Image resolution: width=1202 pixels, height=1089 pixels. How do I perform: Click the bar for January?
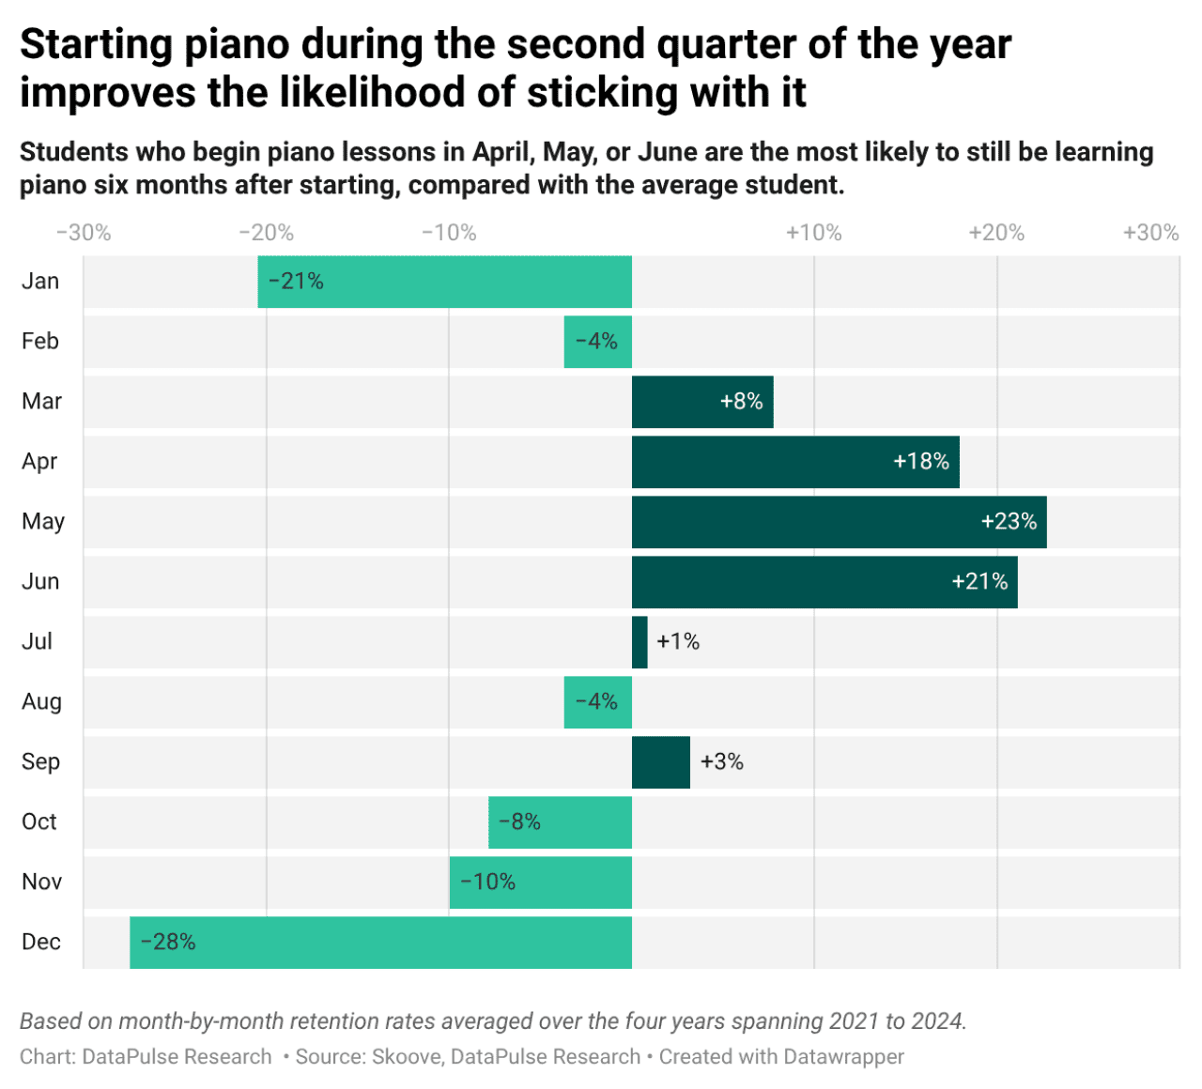click(x=444, y=282)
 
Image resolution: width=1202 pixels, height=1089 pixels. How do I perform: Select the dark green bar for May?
click(x=839, y=522)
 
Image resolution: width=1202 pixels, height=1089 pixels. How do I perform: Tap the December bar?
click(x=380, y=943)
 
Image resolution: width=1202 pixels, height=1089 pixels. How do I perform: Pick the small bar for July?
click(x=640, y=642)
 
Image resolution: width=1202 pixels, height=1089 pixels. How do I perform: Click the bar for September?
click(x=660, y=762)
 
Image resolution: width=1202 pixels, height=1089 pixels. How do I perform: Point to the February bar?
click(x=597, y=342)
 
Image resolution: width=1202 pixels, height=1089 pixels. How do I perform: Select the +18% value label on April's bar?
click(x=920, y=462)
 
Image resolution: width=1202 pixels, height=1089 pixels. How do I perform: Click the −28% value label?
click(x=168, y=943)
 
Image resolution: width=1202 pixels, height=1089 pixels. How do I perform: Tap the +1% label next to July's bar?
click(x=678, y=642)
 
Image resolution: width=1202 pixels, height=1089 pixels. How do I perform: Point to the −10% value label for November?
click(x=487, y=882)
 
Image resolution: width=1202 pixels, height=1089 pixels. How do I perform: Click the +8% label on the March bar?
click(x=741, y=402)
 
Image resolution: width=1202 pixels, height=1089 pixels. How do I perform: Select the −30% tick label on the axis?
click(x=84, y=233)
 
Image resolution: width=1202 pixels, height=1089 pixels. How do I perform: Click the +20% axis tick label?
click(x=996, y=233)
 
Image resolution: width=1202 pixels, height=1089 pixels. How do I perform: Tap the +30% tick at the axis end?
click(x=1150, y=233)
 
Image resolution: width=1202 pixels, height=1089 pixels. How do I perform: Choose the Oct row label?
click(x=39, y=822)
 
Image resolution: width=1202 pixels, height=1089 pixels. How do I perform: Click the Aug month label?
click(x=41, y=702)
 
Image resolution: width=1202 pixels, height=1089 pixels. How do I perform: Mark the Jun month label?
click(x=40, y=582)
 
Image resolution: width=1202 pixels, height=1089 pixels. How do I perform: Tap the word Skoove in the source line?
click(x=407, y=1057)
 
